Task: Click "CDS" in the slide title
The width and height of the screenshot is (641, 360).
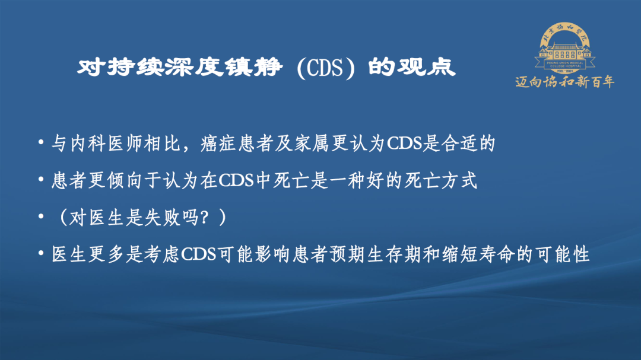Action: coord(325,68)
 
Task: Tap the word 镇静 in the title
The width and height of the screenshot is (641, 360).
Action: coord(253,66)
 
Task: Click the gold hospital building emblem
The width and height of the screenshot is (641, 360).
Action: coord(565,48)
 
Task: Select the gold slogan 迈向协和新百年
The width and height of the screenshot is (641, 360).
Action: coord(564,82)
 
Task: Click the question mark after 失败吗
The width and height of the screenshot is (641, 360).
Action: coord(204,218)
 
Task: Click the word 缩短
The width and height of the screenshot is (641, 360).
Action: coord(459,254)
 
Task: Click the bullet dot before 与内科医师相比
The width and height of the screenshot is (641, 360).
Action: coord(41,142)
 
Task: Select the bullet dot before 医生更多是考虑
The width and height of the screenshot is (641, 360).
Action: coord(41,253)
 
